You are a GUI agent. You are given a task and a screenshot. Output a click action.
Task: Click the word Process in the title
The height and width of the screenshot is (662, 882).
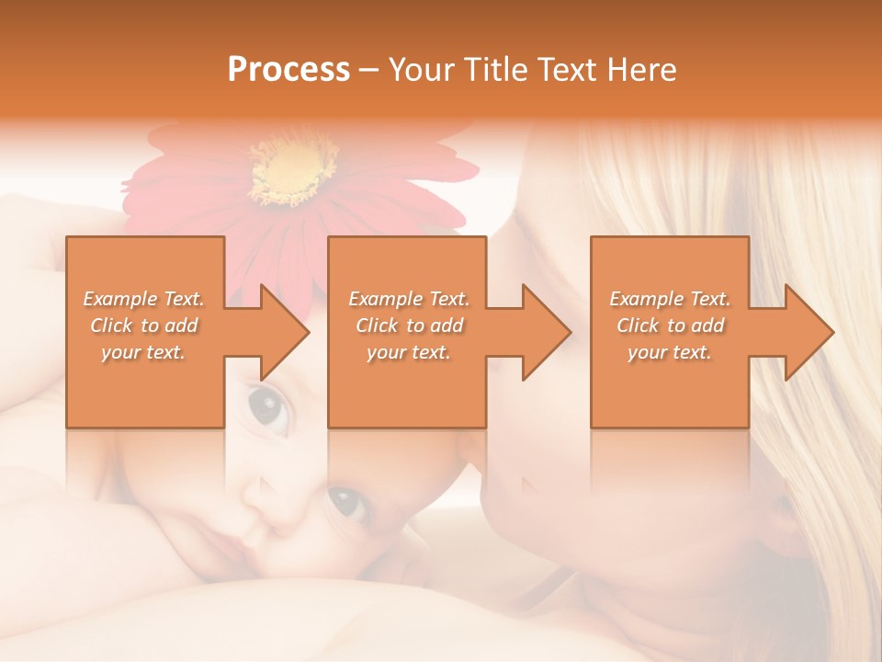click(x=288, y=70)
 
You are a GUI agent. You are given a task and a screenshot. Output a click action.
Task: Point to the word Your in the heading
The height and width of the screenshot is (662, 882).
click(x=419, y=70)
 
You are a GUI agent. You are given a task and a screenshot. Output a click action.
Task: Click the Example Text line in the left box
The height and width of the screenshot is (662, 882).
click(x=144, y=299)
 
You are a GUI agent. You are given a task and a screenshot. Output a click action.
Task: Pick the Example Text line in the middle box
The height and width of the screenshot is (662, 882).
click(x=409, y=299)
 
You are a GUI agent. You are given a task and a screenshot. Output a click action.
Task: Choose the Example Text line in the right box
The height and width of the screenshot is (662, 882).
click(x=670, y=299)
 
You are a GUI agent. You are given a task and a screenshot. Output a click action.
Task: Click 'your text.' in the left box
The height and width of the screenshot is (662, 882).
click(x=144, y=352)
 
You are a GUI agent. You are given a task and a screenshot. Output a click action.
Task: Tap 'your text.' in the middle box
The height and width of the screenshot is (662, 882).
click(x=409, y=352)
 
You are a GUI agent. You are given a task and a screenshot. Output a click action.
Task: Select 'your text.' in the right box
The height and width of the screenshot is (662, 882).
click(x=670, y=352)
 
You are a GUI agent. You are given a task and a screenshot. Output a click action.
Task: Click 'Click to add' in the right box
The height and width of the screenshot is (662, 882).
click(x=670, y=325)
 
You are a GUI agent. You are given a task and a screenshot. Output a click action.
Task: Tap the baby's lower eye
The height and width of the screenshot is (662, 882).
click(x=346, y=502)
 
